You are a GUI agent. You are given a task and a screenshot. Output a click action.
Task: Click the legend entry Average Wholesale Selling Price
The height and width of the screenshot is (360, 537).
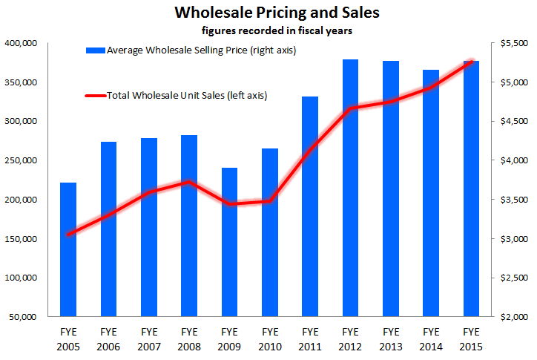[186, 50]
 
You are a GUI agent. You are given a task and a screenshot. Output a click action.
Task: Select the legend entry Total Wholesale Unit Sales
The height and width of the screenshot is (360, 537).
[187, 95]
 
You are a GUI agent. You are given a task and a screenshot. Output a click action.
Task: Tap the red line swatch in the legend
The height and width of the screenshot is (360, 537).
[95, 96]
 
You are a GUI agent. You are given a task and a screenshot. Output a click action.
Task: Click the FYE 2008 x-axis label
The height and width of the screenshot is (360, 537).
[189, 338]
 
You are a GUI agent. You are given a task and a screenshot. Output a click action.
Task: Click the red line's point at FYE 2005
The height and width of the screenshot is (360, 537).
[68, 235]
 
